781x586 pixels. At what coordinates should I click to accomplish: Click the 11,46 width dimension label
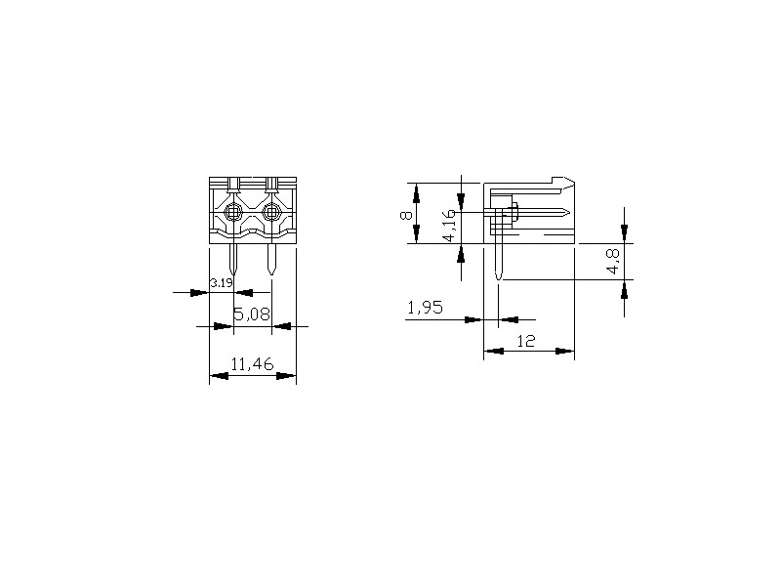(252, 364)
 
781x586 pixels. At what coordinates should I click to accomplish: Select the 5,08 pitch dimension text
(252, 314)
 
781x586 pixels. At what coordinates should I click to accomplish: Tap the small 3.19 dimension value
(222, 283)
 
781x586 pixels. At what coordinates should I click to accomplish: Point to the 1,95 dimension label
(425, 308)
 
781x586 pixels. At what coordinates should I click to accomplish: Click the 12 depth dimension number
(526, 341)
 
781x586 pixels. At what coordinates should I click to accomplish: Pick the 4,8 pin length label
(614, 261)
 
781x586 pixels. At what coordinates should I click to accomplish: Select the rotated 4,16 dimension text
(449, 226)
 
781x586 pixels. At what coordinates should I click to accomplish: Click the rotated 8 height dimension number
(406, 215)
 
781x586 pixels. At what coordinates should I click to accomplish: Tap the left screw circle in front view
(232, 213)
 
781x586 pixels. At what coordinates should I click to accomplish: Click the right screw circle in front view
(271, 213)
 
